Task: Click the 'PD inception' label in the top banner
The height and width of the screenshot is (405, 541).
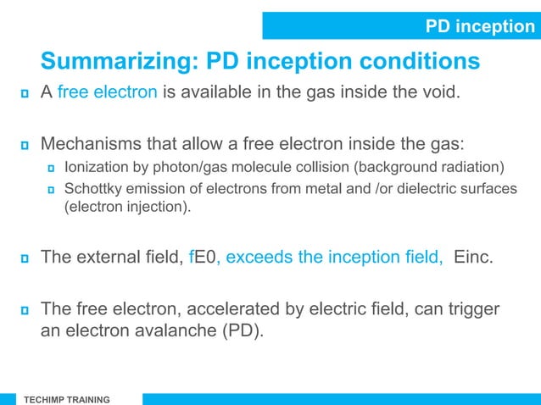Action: click(479, 27)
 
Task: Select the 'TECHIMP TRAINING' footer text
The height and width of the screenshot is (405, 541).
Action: click(66, 398)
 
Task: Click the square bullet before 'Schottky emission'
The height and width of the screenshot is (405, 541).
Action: click(52, 189)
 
